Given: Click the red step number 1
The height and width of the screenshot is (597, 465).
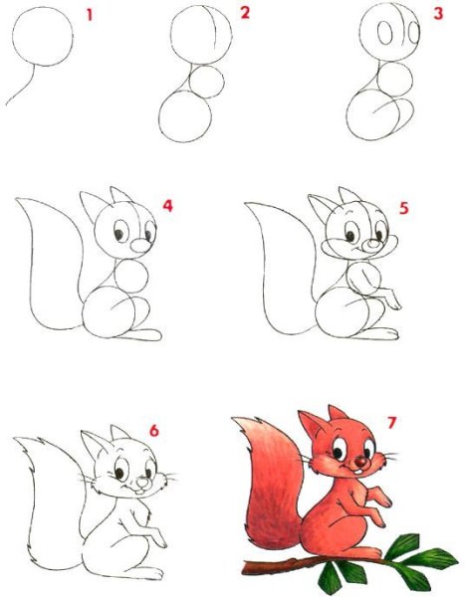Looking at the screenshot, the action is [x=90, y=15].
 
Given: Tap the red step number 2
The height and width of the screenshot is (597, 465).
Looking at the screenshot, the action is [x=245, y=13].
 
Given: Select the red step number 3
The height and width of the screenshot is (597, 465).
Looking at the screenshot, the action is [x=438, y=13].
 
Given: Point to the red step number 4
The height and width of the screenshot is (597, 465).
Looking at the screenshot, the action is [x=167, y=206].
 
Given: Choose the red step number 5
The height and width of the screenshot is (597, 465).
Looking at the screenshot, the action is [x=404, y=208].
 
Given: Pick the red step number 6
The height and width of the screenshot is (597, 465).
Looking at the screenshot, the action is [x=153, y=431].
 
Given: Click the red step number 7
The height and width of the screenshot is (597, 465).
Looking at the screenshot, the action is [x=391, y=423].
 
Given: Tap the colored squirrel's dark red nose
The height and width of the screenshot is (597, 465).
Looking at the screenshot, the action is [x=360, y=463].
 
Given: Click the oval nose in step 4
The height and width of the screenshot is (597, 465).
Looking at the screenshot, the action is [x=140, y=246].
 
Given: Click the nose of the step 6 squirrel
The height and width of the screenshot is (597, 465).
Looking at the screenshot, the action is [x=142, y=483].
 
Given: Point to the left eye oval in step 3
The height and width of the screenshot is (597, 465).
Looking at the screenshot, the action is [x=385, y=33].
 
